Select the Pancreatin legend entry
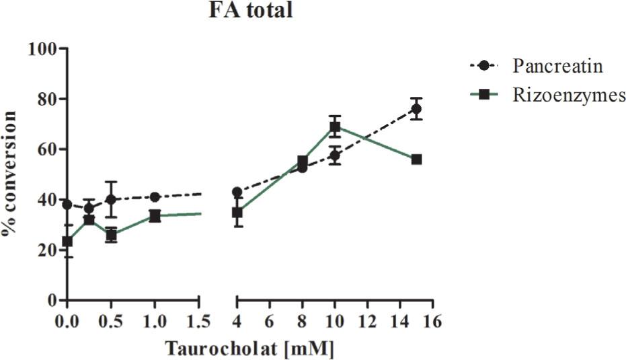(x=557, y=67)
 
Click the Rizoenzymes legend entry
(x=568, y=96)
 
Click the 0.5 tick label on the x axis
(x=111, y=321)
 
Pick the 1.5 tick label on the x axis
(x=198, y=321)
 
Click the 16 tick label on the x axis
(x=432, y=321)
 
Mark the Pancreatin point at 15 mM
(x=416, y=109)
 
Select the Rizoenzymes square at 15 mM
(x=416, y=159)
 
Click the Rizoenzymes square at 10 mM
(x=335, y=127)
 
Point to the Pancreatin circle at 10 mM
(x=335, y=155)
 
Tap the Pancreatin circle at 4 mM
(x=237, y=192)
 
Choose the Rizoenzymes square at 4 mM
(x=237, y=213)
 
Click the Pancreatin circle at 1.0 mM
(x=155, y=197)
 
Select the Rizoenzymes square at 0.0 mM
(x=67, y=242)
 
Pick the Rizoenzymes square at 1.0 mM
(x=155, y=216)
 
